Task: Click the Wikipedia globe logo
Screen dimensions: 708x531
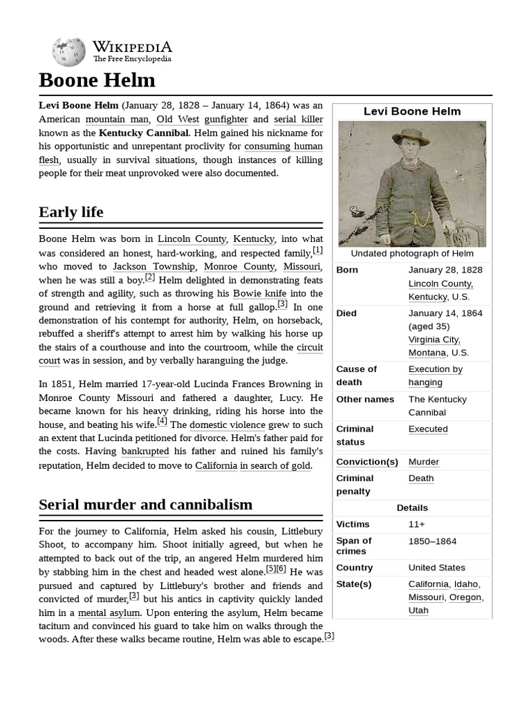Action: click(x=68, y=52)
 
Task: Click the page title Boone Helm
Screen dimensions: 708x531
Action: click(x=97, y=80)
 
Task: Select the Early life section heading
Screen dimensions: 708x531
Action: click(x=71, y=212)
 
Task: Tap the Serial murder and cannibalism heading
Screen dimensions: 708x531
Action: click(x=145, y=505)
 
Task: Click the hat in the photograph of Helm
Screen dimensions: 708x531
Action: click(x=412, y=134)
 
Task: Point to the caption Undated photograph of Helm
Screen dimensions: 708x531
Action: click(x=412, y=254)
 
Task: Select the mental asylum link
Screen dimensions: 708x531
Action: click(x=109, y=613)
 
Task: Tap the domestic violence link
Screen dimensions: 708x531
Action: click(x=227, y=425)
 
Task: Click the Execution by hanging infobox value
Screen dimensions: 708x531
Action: click(x=435, y=375)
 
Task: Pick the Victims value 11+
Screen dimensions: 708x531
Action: click(x=417, y=524)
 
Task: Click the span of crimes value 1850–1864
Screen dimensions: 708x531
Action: click(x=432, y=541)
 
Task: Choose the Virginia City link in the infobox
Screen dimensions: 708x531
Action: click(x=434, y=339)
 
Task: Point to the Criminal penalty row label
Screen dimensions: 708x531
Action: click(x=354, y=484)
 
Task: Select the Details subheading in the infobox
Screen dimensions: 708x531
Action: click(x=412, y=507)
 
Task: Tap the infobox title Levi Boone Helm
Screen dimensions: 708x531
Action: click(x=412, y=111)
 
